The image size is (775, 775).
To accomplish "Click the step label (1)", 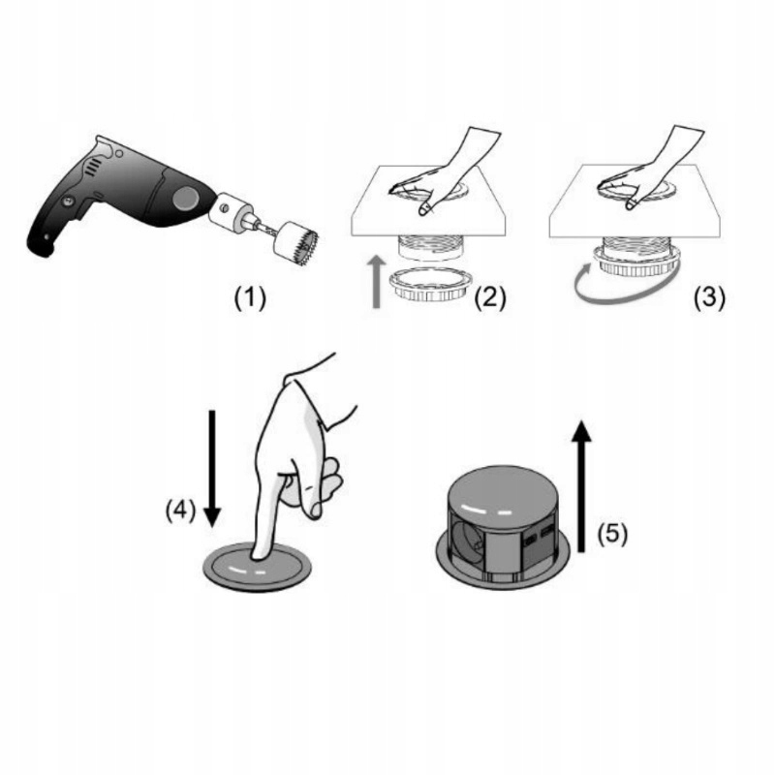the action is click(x=250, y=298).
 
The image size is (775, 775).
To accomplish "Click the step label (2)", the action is click(x=490, y=297).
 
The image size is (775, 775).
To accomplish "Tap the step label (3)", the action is click(x=709, y=297).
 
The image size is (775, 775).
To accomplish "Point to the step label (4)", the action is click(x=180, y=510).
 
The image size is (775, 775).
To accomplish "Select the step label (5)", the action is click(x=612, y=535).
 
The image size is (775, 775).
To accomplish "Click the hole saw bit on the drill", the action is click(x=295, y=243).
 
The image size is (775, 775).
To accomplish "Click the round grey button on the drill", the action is click(x=186, y=198).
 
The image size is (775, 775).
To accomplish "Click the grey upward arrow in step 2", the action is click(x=378, y=282).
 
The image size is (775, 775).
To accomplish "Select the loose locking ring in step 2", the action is click(x=430, y=284).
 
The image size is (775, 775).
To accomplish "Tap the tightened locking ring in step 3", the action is click(x=636, y=262).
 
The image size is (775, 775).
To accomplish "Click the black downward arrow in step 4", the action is click(x=212, y=469).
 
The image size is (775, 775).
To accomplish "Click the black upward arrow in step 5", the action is click(x=582, y=486).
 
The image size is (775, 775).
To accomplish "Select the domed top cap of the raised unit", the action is click(x=503, y=497).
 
